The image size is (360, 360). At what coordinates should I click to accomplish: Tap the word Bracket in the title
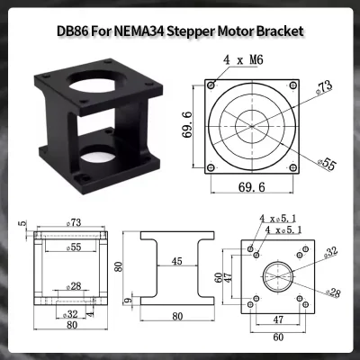(x=279, y=31)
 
